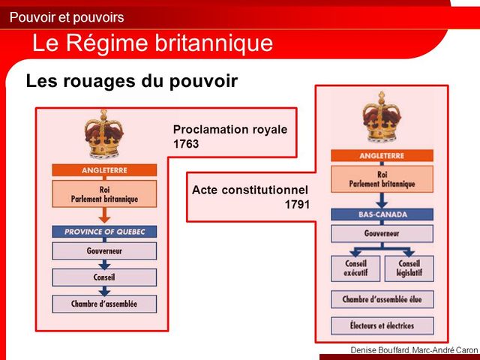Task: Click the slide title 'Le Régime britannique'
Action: pyautogui.click(x=152, y=43)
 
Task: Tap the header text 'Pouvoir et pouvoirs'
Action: pyautogui.click(x=67, y=17)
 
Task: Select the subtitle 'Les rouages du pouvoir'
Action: pyautogui.click(x=131, y=81)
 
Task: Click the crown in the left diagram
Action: pyautogui.click(x=103, y=135)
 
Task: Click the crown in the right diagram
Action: pyautogui.click(x=382, y=118)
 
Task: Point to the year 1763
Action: pyautogui.click(x=186, y=144)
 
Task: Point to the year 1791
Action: pyautogui.click(x=297, y=203)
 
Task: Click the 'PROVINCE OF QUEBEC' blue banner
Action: pyautogui.click(x=104, y=232)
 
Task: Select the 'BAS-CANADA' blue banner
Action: pyautogui.click(x=382, y=214)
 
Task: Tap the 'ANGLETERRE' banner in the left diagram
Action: pyautogui.click(x=104, y=171)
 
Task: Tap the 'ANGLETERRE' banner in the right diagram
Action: pyautogui.click(x=382, y=157)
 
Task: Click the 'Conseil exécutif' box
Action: pyautogui.click(x=355, y=268)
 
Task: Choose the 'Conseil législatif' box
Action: pyautogui.click(x=409, y=268)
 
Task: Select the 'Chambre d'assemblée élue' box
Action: pyautogui.click(x=382, y=299)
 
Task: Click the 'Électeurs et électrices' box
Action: pyautogui.click(x=382, y=325)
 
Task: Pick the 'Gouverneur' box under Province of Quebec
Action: pyautogui.click(x=104, y=251)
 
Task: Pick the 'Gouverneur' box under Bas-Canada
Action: pyautogui.click(x=382, y=233)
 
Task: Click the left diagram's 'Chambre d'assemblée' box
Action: pyautogui.click(x=104, y=304)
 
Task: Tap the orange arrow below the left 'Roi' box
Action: pyautogui.click(x=104, y=217)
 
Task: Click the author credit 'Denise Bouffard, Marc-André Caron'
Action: pyautogui.click(x=413, y=351)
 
